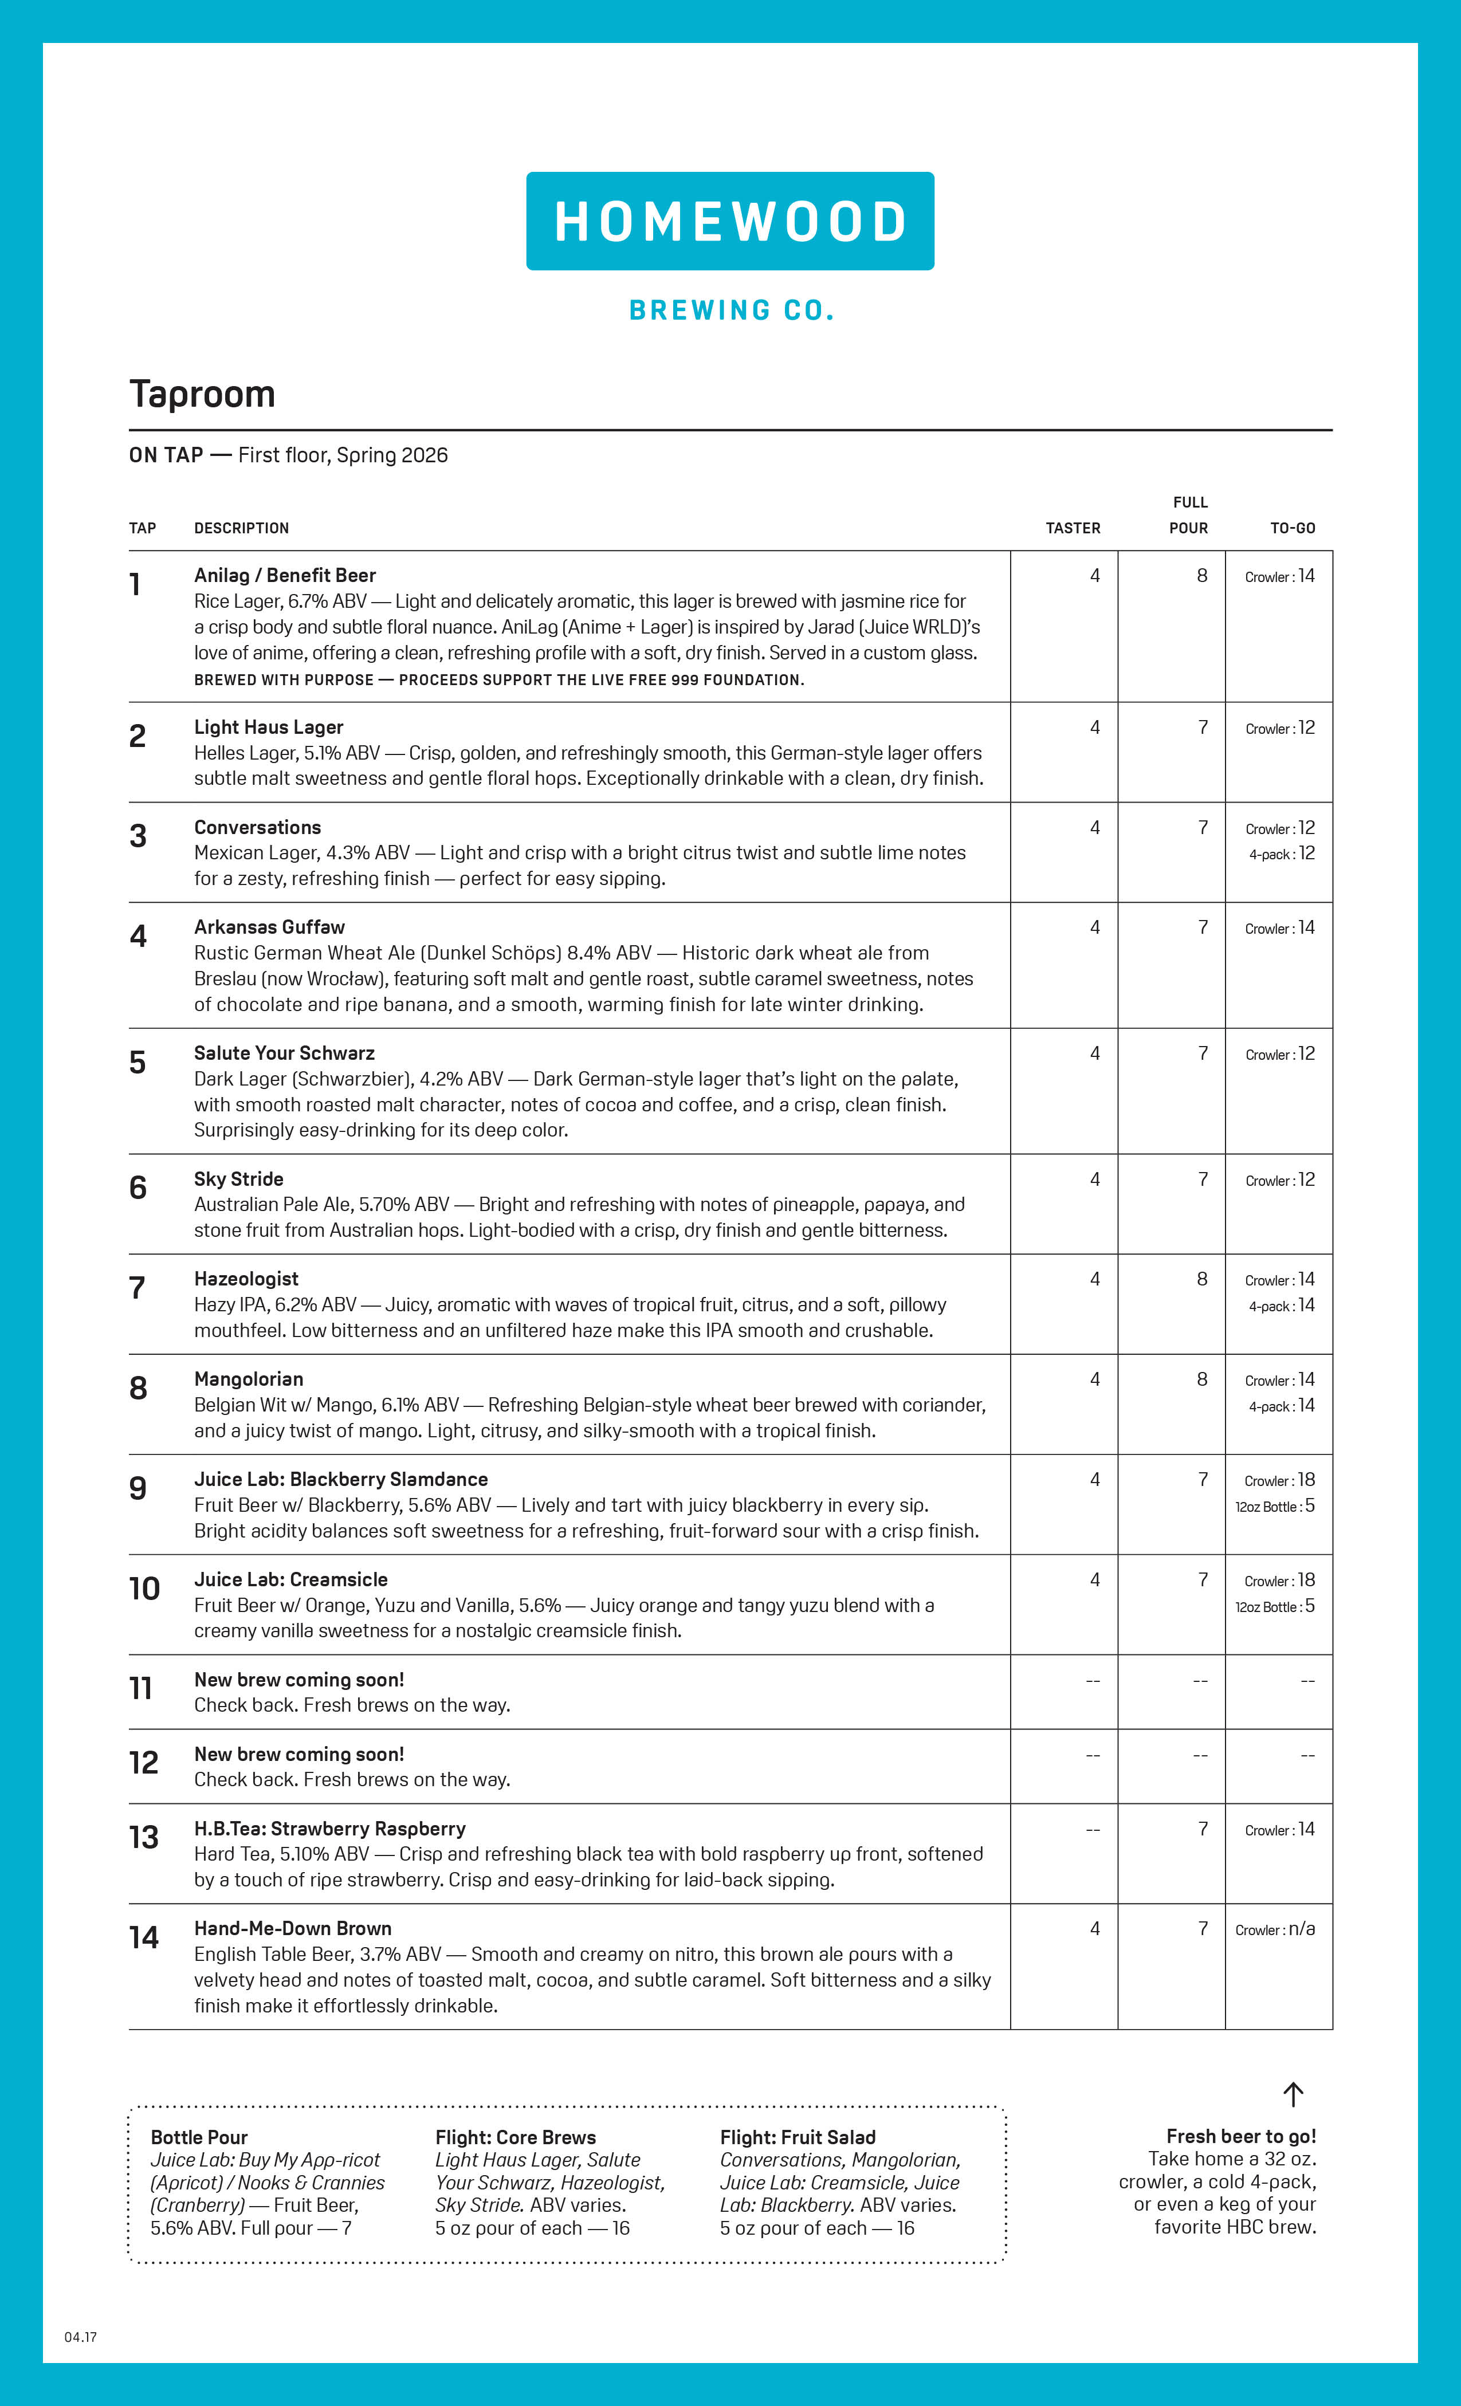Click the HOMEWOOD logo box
click(x=729, y=221)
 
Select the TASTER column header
click(x=1073, y=528)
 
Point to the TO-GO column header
click(x=1292, y=528)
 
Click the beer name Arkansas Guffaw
click(x=269, y=927)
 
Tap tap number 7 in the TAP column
click(x=138, y=1288)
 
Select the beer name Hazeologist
click(x=246, y=1279)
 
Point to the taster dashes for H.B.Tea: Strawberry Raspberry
click(x=1093, y=1830)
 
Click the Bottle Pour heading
click(x=199, y=2137)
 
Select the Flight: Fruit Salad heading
click(x=797, y=2137)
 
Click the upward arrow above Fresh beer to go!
click(x=1293, y=2094)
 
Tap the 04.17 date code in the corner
click(x=81, y=2337)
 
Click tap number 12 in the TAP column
click(x=144, y=1763)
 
